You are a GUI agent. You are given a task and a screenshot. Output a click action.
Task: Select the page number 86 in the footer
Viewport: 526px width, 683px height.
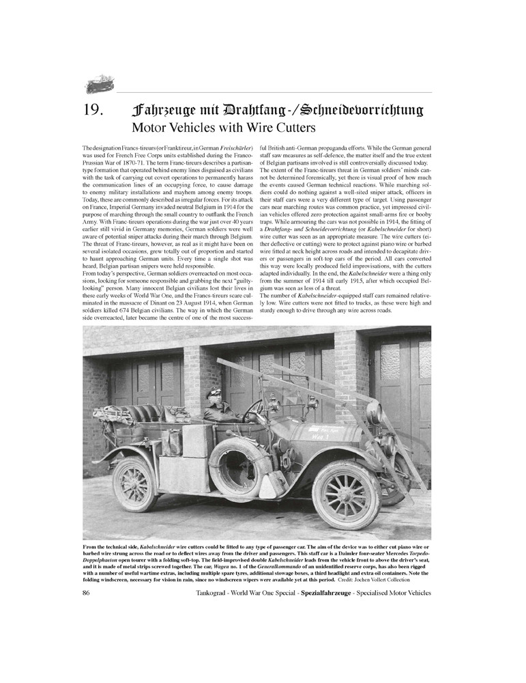click(87, 593)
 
